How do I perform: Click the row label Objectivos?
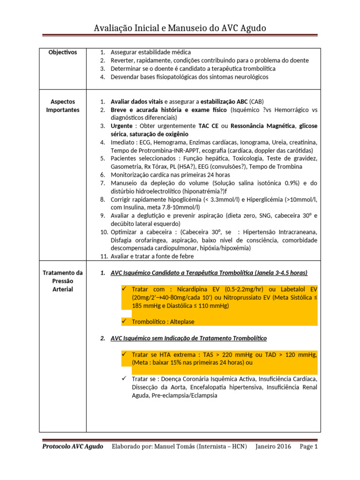(x=62, y=52)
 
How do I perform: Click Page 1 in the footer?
(x=309, y=447)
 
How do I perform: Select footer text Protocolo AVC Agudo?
(x=73, y=447)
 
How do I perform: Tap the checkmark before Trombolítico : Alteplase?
(x=124, y=321)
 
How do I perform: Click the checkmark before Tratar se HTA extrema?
(x=124, y=354)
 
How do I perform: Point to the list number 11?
(x=104, y=256)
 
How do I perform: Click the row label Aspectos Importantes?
(x=62, y=105)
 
